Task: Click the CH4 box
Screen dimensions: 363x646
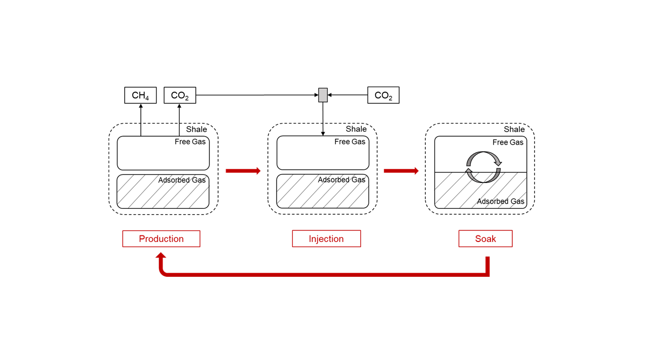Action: tap(140, 95)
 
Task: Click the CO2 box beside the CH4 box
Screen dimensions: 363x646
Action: tap(180, 95)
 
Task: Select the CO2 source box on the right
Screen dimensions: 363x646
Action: tap(383, 95)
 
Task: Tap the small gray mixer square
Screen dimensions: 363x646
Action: tap(323, 95)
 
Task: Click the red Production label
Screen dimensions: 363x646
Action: tap(161, 238)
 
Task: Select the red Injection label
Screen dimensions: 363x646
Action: tap(326, 238)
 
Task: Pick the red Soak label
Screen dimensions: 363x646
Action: tap(485, 238)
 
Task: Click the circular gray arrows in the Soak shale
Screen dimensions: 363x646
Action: tap(483, 167)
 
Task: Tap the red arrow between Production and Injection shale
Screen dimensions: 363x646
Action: tap(243, 171)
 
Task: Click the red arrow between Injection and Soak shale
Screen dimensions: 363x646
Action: tap(401, 171)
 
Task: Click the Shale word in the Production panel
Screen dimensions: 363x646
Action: tap(196, 130)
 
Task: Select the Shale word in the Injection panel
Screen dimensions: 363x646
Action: tap(356, 129)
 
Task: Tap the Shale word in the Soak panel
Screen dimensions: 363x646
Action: tap(514, 130)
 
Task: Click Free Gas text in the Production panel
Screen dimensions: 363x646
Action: tap(190, 142)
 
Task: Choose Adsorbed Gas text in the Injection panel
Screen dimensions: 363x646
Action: tap(341, 180)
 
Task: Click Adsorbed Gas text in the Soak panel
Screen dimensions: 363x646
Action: tap(501, 202)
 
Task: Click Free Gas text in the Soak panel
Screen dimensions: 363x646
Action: tap(508, 142)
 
